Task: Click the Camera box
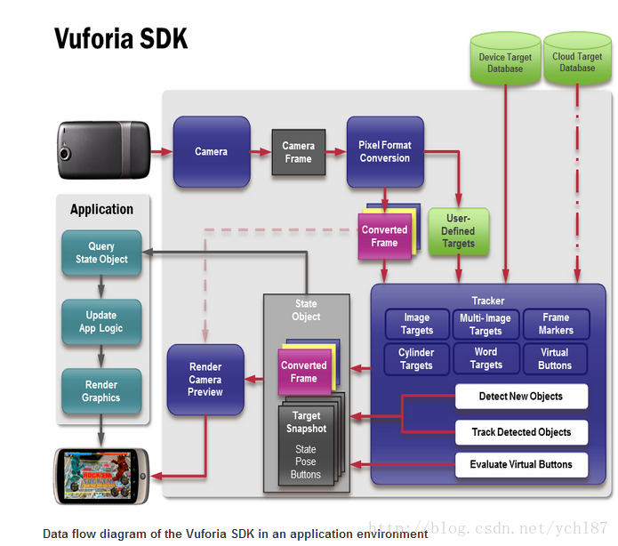pyautogui.click(x=211, y=152)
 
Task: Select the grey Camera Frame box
pyautogui.click(x=298, y=152)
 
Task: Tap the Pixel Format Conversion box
pyautogui.click(x=384, y=152)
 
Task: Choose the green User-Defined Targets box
pyautogui.click(x=458, y=230)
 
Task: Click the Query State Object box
pyautogui.click(x=101, y=253)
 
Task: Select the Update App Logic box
pyautogui.click(x=101, y=322)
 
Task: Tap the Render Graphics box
pyautogui.click(x=101, y=391)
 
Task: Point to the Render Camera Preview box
pyautogui.click(x=205, y=379)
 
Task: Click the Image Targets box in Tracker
pyautogui.click(x=416, y=324)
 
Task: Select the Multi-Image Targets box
pyautogui.click(x=486, y=324)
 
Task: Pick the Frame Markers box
pyautogui.click(x=555, y=324)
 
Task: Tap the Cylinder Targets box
pyautogui.click(x=416, y=358)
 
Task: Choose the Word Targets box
pyautogui.click(x=486, y=358)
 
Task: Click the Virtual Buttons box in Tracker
pyautogui.click(x=555, y=358)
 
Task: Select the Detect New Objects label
pyautogui.click(x=521, y=397)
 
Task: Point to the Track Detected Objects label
pyautogui.click(x=521, y=432)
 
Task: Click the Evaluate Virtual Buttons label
pyautogui.click(x=521, y=464)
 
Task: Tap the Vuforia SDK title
pyautogui.click(x=121, y=39)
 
